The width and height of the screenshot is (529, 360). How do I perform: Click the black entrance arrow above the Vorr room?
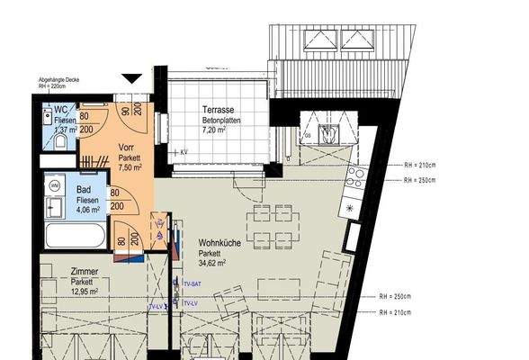(133, 79)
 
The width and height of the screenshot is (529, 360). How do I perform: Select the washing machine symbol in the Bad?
(54, 184)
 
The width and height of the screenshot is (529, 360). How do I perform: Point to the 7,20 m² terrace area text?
(219, 130)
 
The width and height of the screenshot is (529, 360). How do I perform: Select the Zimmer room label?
(85, 271)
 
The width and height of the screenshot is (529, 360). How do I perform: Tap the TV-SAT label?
(191, 284)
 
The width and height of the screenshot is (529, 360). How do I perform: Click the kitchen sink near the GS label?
(329, 136)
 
